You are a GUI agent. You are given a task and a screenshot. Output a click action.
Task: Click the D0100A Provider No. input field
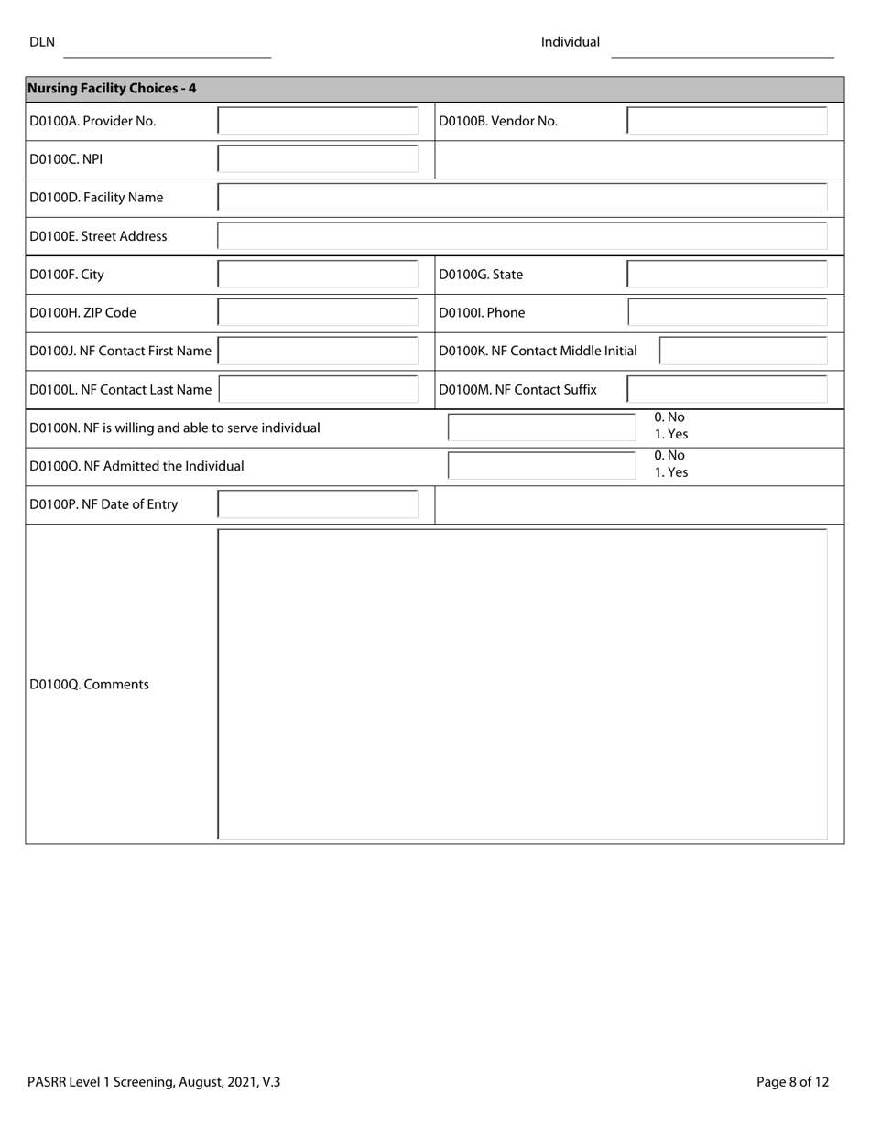[x=318, y=121]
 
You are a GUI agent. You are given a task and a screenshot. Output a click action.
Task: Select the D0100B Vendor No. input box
[x=727, y=121]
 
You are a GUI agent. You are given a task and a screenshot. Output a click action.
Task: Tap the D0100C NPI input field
[x=318, y=159]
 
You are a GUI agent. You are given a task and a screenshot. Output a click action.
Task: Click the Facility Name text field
[x=522, y=198]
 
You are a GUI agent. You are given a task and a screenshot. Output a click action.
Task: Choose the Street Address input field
[x=522, y=236]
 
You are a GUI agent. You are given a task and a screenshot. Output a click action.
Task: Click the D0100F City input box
[x=318, y=275]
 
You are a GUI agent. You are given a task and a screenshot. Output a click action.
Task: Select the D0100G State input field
[x=727, y=275]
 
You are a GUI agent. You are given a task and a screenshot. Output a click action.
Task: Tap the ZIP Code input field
[x=318, y=313]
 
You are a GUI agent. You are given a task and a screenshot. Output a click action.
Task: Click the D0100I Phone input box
[x=727, y=313]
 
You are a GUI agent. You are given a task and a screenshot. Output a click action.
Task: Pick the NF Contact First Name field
[x=318, y=352]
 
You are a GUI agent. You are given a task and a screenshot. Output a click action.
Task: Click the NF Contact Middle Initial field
[x=743, y=352]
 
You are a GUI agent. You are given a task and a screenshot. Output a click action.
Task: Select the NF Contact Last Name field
[x=318, y=390]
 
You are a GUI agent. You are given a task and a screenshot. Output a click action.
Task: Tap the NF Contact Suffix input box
[x=727, y=390]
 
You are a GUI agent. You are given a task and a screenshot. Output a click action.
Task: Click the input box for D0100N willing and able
[x=541, y=428]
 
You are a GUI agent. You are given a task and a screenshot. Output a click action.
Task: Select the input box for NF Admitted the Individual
[x=541, y=466]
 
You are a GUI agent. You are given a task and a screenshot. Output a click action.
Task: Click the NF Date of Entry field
[x=318, y=504]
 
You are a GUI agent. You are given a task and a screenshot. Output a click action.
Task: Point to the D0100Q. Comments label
[x=90, y=685]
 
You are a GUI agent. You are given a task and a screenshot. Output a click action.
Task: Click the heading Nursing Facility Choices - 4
[x=112, y=89]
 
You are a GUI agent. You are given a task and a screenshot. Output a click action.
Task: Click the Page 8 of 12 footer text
[x=792, y=1082]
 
